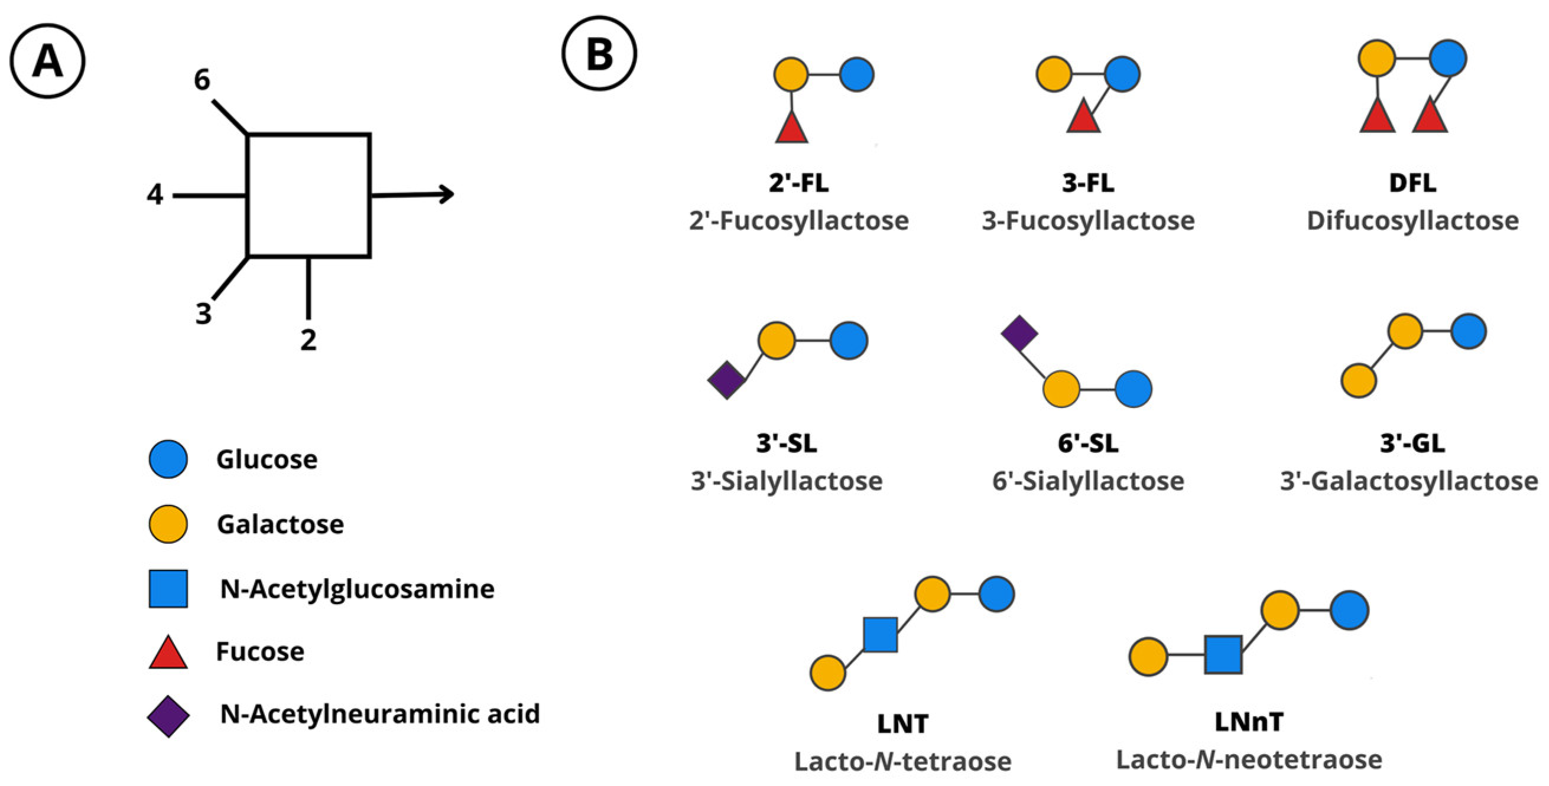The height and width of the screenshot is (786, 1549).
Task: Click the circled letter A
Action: (x=47, y=61)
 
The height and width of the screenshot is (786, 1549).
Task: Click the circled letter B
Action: (x=599, y=54)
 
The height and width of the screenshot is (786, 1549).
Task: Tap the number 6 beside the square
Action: (x=202, y=80)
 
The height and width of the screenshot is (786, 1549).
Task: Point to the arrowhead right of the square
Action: (x=447, y=194)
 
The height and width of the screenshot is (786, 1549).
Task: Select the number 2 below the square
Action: (x=308, y=340)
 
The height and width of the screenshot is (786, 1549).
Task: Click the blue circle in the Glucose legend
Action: (x=168, y=459)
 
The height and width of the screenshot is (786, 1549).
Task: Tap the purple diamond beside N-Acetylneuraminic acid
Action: (x=168, y=716)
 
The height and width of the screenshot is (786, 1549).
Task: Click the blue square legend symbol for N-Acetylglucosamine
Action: (x=168, y=589)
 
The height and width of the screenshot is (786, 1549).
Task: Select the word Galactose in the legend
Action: (x=280, y=524)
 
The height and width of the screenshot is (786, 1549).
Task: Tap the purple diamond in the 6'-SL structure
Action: (x=1020, y=333)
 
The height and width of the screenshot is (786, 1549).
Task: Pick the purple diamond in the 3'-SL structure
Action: (x=727, y=380)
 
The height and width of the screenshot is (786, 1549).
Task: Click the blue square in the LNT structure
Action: (x=881, y=635)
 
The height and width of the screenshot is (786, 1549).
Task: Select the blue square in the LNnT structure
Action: (x=1223, y=655)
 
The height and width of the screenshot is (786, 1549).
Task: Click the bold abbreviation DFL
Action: (x=1412, y=182)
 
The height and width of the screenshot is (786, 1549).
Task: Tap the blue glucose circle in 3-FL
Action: (x=1122, y=74)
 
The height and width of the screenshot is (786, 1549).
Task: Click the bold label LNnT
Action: (x=1249, y=722)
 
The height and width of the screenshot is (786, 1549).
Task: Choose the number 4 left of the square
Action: (x=155, y=195)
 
